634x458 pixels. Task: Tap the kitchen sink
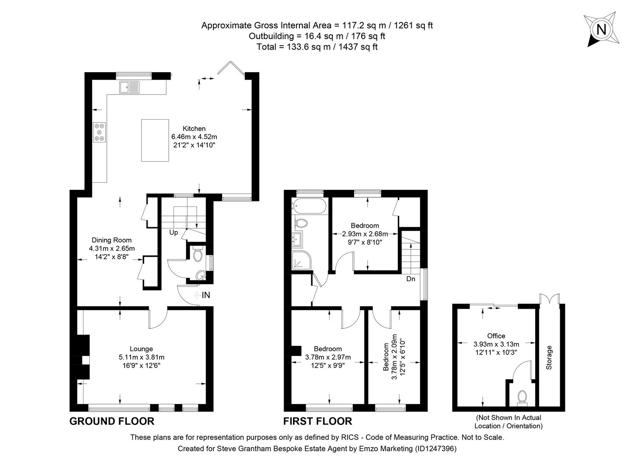coord(129,87)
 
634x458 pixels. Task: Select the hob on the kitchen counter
coord(100,132)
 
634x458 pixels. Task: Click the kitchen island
coord(155,140)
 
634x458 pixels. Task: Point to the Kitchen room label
coord(194,128)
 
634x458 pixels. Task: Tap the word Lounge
coord(141,349)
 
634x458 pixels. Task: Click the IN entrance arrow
coord(201,295)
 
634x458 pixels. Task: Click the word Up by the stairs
coord(173,232)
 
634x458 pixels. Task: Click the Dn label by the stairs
coord(411,279)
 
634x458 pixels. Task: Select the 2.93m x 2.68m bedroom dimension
coord(365,234)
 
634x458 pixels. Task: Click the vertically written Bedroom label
coord(386,357)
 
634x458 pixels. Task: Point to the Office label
coord(496,336)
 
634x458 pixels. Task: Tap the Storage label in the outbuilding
coord(549,357)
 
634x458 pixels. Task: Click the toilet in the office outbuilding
coord(522,397)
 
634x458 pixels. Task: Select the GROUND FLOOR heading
coord(112,421)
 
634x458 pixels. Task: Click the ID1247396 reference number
coord(436,448)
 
